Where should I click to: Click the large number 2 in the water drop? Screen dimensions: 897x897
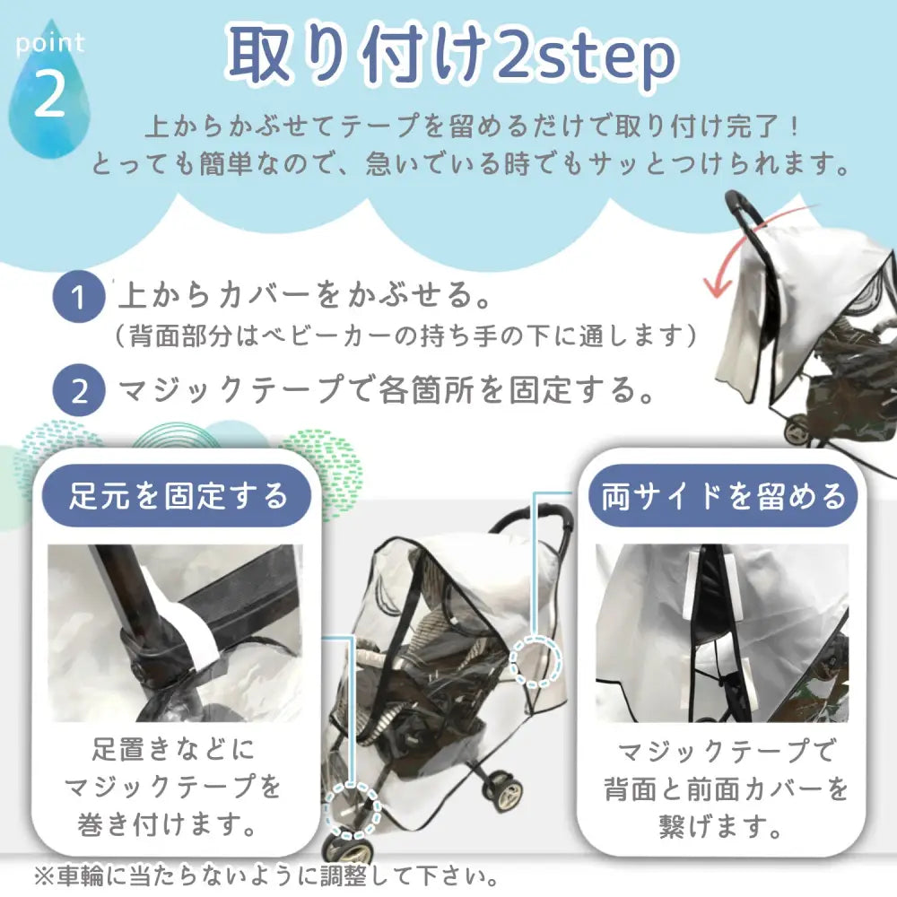[50, 98]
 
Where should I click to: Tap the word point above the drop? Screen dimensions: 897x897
[50, 42]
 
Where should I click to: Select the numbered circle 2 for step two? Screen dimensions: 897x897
[80, 391]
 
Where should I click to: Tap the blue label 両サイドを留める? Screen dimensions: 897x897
[723, 495]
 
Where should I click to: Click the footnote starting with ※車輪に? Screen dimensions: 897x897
[265, 875]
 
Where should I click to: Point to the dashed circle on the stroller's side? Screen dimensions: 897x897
[535, 662]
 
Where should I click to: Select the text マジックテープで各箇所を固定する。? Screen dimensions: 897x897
[386, 390]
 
